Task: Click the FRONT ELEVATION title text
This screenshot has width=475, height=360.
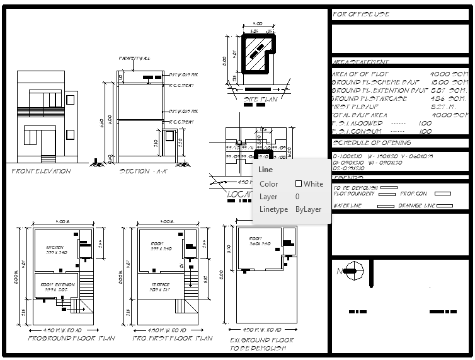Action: (x=42, y=171)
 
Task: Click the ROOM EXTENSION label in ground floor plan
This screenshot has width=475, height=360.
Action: (x=58, y=285)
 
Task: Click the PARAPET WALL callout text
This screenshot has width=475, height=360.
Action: (x=135, y=59)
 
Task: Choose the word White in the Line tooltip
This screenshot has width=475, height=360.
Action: (x=313, y=184)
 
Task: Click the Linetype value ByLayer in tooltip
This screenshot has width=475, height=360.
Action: (x=308, y=209)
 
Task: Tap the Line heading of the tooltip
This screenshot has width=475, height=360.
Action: (x=266, y=170)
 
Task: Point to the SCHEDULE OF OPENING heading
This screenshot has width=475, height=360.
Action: (x=372, y=143)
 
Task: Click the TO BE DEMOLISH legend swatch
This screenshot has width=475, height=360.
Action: (x=389, y=187)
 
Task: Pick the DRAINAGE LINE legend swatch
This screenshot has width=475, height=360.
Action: (x=444, y=206)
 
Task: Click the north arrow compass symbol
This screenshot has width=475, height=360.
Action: (x=352, y=272)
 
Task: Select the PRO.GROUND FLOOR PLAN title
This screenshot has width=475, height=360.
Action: (x=72, y=339)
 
